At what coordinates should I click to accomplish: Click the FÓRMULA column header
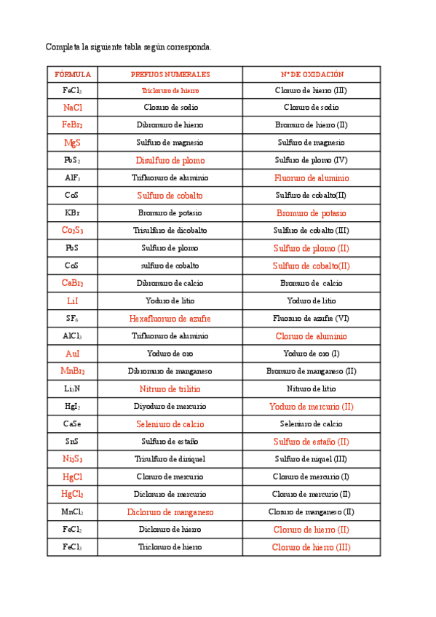pos(72,74)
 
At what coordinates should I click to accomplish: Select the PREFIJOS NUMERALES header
pos(170,74)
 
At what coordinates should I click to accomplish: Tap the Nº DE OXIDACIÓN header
pos(312,74)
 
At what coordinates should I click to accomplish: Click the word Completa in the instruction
pos(63,47)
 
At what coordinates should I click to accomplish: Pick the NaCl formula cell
pos(72,107)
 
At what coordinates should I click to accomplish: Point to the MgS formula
pos(72,143)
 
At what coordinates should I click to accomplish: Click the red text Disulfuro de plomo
pos(170,160)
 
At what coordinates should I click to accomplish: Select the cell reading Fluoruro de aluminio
pos(312,178)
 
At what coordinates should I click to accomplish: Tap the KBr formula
pos(72,213)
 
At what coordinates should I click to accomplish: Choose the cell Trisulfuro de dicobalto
pos(170,231)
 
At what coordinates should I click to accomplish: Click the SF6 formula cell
pos(72,319)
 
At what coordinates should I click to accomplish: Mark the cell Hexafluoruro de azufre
pos(170,319)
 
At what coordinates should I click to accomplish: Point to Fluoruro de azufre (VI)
pos(312,319)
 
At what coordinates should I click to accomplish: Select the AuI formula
pos(72,354)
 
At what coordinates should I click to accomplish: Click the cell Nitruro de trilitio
pos(170,389)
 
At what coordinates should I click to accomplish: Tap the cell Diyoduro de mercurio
pos(170,406)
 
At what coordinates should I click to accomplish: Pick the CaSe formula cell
pos(72,424)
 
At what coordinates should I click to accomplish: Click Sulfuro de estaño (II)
pos(312,442)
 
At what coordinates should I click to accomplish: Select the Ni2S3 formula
pos(72,459)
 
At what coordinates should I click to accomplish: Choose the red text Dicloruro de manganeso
pos(170,512)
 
